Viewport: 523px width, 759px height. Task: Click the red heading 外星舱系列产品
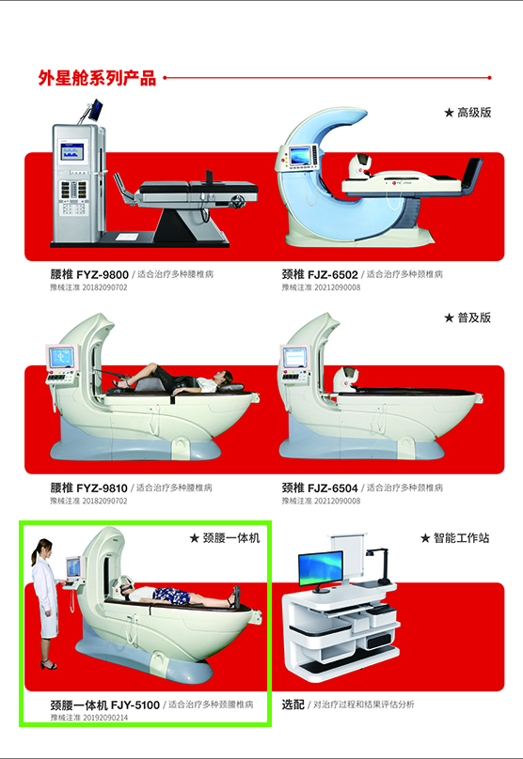[x=97, y=79]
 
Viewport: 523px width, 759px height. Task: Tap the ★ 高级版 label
[x=468, y=113]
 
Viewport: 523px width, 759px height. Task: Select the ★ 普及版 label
[x=468, y=318]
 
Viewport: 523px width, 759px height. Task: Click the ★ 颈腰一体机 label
[x=224, y=538]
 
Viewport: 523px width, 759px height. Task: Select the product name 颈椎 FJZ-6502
[x=320, y=275]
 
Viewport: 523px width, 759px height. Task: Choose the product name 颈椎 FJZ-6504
[x=320, y=488]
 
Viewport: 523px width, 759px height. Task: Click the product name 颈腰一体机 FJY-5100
[x=104, y=705]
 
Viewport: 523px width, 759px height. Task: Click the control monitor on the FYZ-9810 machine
[x=61, y=358]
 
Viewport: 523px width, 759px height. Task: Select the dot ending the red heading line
[x=490, y=79]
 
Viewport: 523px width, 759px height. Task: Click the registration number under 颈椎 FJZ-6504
[x=320, y=502]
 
